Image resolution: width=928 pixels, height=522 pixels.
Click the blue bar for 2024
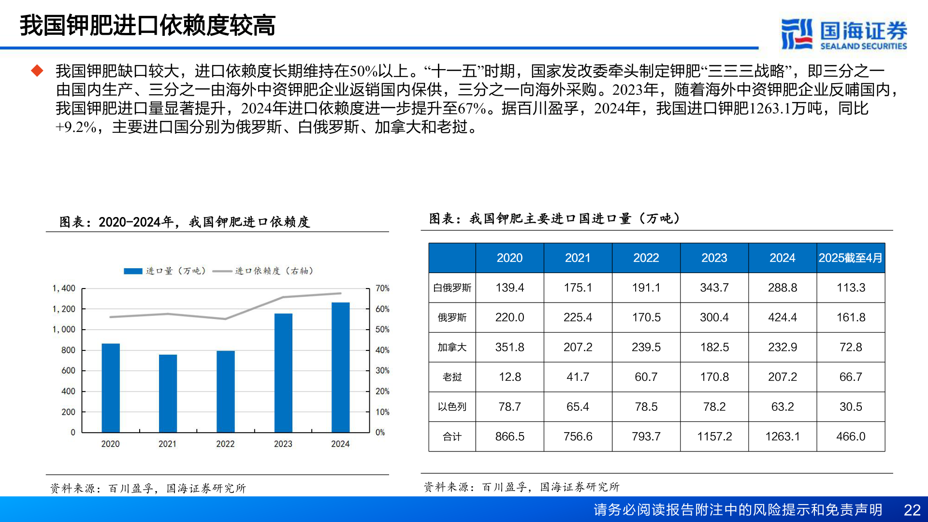pos(340,367)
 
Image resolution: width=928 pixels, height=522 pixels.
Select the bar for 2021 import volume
pos(168,393)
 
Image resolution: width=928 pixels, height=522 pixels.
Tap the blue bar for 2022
pos(225,391)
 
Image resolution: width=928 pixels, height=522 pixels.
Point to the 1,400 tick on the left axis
pos(64,289)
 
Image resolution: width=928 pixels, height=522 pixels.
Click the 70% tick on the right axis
pos(382,289)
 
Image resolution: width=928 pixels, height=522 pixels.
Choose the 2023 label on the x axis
pos(283,444)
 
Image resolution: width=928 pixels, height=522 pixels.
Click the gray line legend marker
pos(222,271)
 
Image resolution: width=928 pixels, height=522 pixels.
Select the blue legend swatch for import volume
pos(133,271)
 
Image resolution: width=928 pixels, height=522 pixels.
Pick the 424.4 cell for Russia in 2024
pos(782,318)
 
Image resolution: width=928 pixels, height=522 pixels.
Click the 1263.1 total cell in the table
pos(782,436)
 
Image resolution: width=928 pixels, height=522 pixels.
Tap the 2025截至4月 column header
pos(850,258)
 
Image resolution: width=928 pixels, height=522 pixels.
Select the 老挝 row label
pos(452,377)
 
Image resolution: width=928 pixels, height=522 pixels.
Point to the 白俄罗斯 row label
pos(452,288)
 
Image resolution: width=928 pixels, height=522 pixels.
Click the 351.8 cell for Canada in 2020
pos(509,348)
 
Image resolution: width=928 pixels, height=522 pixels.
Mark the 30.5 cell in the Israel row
pos(850,407)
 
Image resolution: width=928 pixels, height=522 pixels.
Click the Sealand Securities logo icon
pos(797,34)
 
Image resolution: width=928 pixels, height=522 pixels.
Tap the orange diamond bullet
pos(37,71)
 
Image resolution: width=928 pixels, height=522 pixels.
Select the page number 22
pos(912,510)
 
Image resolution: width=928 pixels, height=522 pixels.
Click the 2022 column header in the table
pos(646,258)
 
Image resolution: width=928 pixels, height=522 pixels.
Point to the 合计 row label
pos(452,437)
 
